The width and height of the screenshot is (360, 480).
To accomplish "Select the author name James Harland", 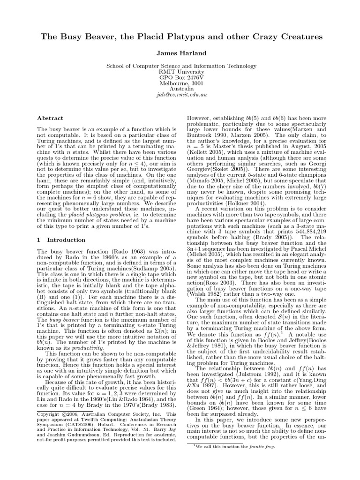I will point(180,54).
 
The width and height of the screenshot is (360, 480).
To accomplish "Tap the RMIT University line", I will point(180,73).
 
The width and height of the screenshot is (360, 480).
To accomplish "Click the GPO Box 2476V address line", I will point(180,79).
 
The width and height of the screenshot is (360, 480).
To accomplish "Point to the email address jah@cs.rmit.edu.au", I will point(180,94).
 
